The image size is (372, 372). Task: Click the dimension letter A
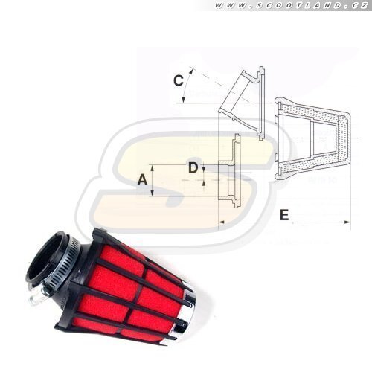pyautogui.click(x=142, y=179)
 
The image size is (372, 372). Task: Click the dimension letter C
pyautogui.click(x=179, y=80)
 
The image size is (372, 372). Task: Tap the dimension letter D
pyautogui.click(x=193, y=168)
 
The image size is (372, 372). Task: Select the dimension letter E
pyautogui.click(x=284, y=214)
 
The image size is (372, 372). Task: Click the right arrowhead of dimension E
pyautogui.click(x=347, y=222)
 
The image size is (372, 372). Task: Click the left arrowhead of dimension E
pyautogui.click(x=221, y=222)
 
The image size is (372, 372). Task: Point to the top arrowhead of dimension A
pyautogui.click(x=153, y=168)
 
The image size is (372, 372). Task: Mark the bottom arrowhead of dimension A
pyautogui.click(x=153, y=193)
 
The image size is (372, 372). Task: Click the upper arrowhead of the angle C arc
pyautogui.click(x=191, y=71)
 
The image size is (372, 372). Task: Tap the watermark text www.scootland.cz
pyautogui.click(x=291, y=5)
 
